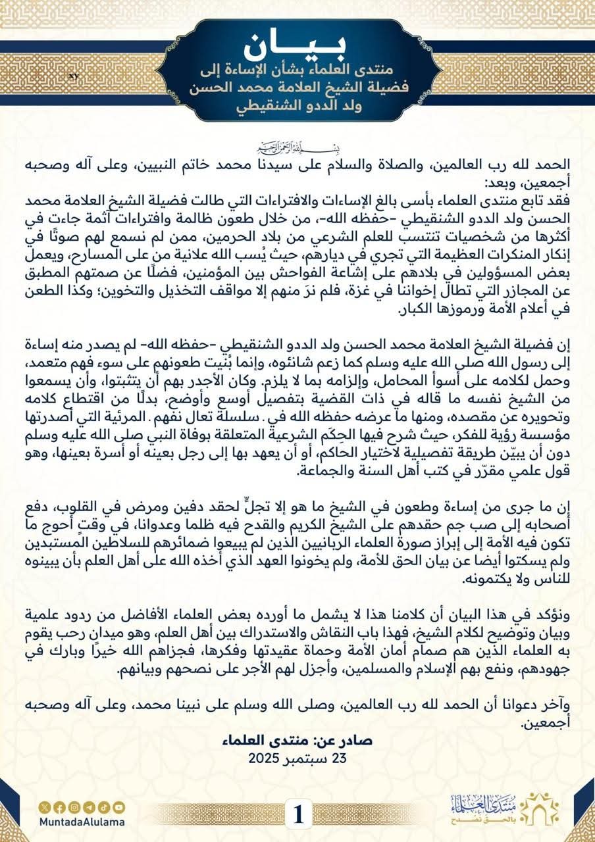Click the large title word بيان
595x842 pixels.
tap(297, 46)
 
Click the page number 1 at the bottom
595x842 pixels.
tap(297, 816)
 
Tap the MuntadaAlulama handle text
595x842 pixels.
tap(82, 822)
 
